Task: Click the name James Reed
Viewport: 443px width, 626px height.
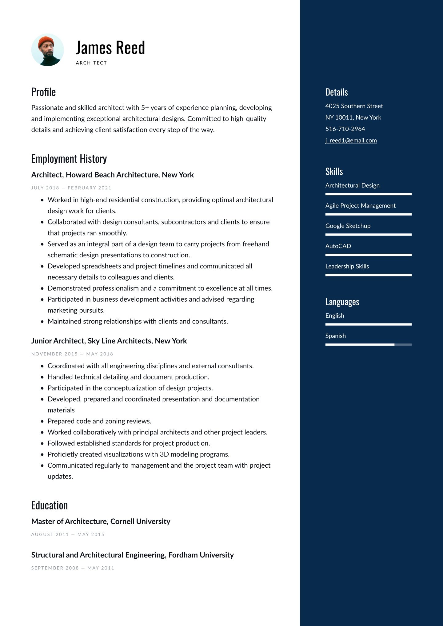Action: click(110, 48)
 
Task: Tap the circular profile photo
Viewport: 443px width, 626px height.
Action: click(47, 50)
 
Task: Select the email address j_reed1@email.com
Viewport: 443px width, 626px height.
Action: click(351, 141)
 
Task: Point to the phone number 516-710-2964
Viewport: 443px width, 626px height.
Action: click(345, 129)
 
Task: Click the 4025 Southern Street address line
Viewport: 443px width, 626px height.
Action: click(354, 106)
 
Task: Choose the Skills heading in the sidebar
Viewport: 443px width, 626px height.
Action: click(334, 171)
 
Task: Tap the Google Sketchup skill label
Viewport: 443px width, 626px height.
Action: click(348, 226)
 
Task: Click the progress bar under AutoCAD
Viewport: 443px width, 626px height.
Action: click(368, 255)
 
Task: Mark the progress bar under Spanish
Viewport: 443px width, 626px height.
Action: click(368, 345)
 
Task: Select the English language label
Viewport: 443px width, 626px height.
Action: click(335, 316)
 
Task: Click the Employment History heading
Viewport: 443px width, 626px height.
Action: click(69, 159)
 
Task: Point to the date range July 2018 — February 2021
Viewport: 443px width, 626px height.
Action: click(71, 188)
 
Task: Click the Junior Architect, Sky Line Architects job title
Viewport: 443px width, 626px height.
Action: click(109, 341)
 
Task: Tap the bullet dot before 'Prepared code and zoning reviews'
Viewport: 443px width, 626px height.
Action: click(42, 422)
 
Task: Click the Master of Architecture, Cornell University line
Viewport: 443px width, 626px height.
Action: click(101, 521)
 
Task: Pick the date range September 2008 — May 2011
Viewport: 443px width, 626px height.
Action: click(73, 568)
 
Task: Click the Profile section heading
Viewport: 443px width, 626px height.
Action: click(43, 92)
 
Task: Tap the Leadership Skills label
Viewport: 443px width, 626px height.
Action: click(347, 267)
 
